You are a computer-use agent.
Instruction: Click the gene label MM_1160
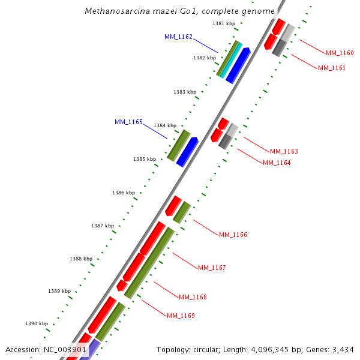pos(340,53)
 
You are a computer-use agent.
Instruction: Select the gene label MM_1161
pos(332,68)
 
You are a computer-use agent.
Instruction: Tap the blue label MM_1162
pos(178,37)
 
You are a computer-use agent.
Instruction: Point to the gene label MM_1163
pos(284,151)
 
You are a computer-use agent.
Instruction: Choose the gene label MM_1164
pos(277,163)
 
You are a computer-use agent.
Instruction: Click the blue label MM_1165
pos(128,122)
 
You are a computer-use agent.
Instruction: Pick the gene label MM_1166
pos(233,235)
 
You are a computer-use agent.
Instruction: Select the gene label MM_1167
pos(212,268)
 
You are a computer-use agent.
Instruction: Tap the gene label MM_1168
pos(193,297)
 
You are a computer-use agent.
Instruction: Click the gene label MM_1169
pos(181,316)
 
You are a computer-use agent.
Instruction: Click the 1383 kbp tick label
pos(185,92)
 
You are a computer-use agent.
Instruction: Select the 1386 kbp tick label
pos(123,193)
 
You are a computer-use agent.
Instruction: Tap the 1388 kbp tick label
pos(80,259)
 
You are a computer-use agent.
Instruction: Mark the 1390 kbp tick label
pos(37,323)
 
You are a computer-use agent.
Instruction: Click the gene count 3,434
pos(343,349)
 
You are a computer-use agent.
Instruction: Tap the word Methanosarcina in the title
pos(113,11)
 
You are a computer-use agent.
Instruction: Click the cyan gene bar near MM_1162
pos(231,60)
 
